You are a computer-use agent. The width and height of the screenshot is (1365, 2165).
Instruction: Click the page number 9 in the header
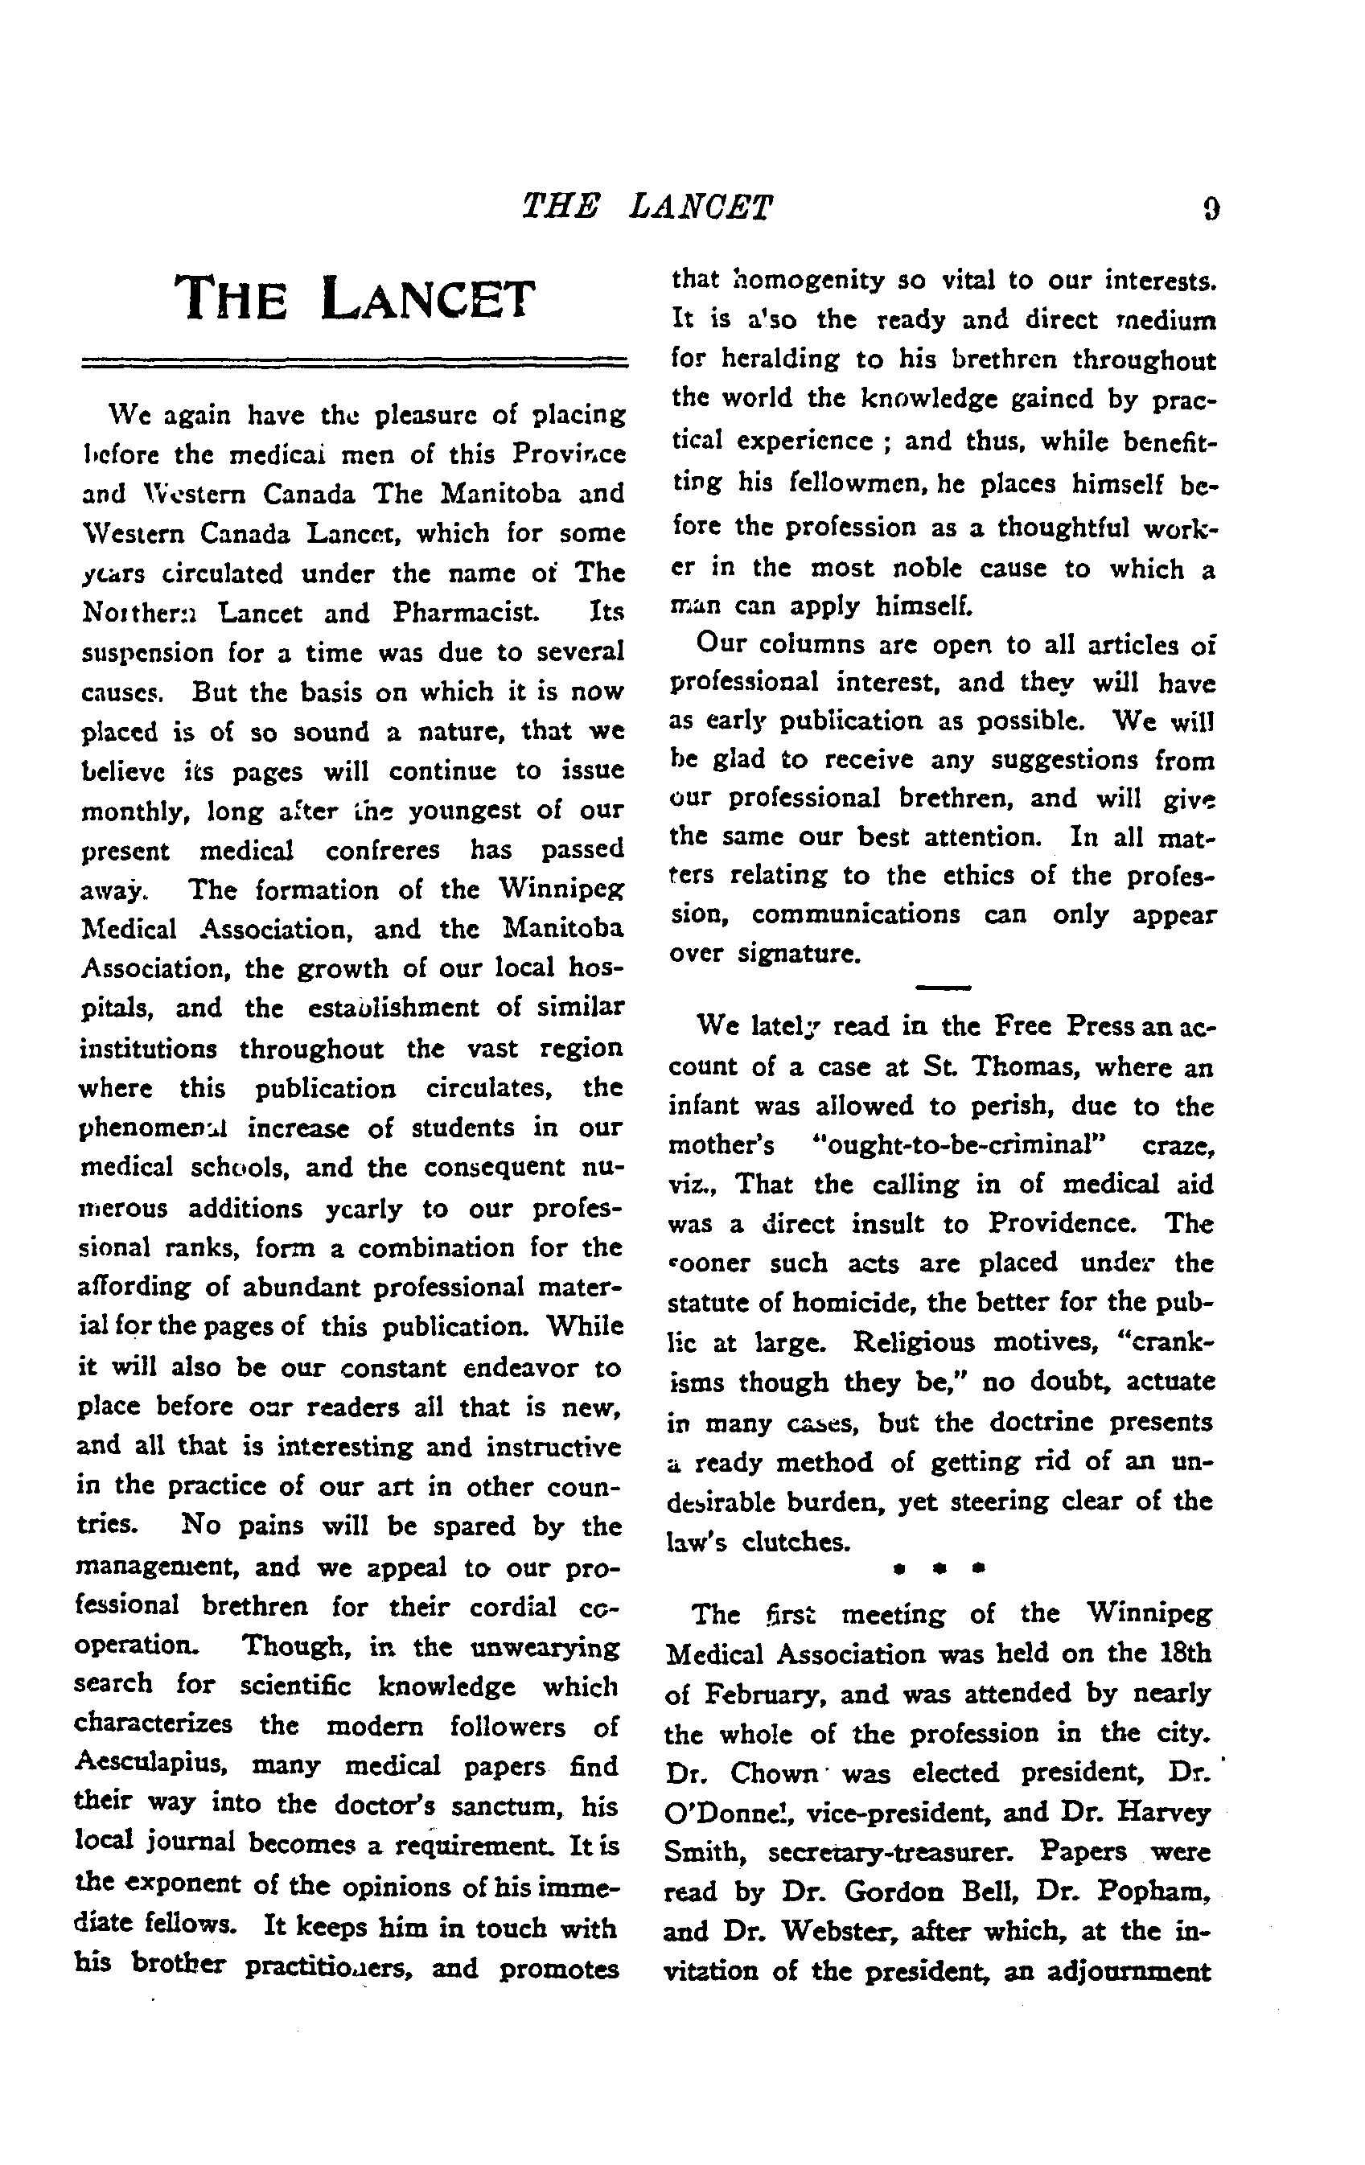[x=1211, y=209]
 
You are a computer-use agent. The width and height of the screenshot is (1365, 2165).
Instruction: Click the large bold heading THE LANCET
[x=354, y=298]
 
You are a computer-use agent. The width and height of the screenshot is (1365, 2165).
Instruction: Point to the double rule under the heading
[x=354, y=363]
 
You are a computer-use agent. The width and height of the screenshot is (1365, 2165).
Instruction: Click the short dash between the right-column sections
[x=943, y=987]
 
